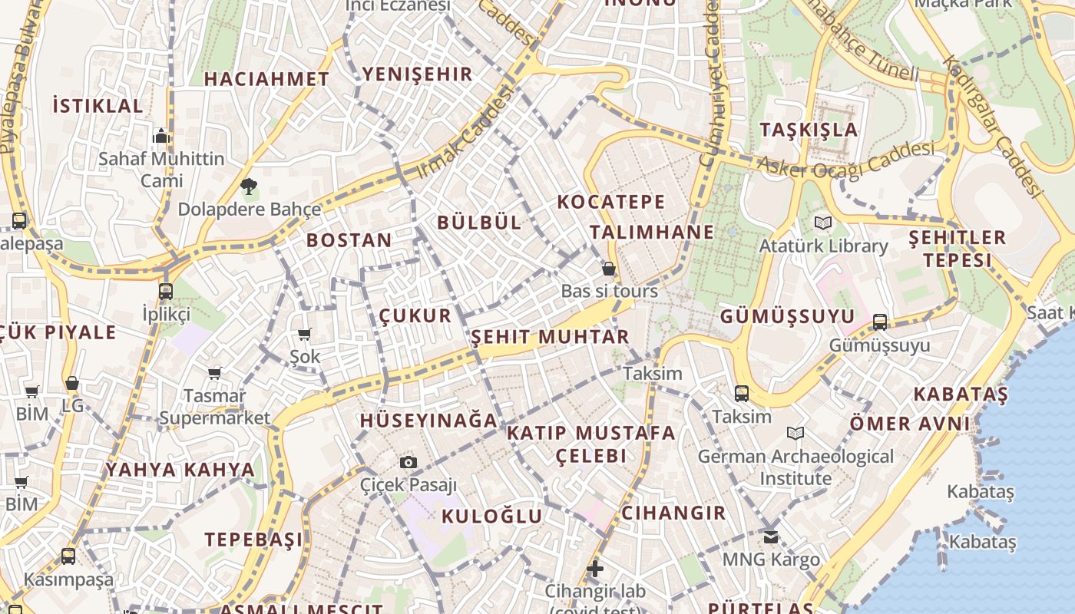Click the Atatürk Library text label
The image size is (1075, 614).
coord(823,246)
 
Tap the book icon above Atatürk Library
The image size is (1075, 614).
coord(823,223)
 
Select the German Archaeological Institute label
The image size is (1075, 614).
coord(795,467)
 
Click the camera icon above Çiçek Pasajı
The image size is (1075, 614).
coord(408,462)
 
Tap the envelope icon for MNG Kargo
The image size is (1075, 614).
coord(771,536)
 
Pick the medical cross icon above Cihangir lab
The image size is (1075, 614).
coord(595,569)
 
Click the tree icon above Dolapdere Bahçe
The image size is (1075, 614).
coord(248,186)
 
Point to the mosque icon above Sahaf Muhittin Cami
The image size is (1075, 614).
coord(161,136)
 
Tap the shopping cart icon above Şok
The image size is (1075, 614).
coord(305,334)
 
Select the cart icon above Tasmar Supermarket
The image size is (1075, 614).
coord(215,373)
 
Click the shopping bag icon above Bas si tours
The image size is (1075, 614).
coord(609,269)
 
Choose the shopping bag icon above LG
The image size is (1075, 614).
coord(72,382)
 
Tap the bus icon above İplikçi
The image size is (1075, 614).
coord(166,292)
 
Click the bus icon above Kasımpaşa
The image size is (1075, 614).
coord(68,556)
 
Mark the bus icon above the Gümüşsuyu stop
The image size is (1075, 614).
coord(880,322)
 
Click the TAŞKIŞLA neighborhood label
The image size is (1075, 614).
coord(808,130)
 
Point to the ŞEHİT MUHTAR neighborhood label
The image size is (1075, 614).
coord(550,337)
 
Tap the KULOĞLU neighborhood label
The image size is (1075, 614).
coord(492,516)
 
